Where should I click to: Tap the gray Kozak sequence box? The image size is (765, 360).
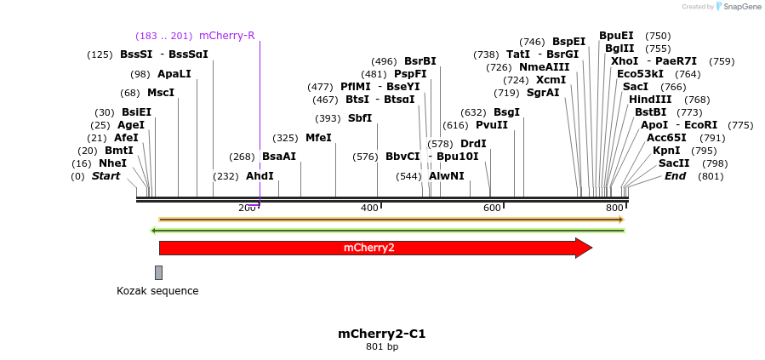coord(158,272)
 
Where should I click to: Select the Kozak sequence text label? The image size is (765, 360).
coord(157,291)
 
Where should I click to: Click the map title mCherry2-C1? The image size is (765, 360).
coord(382,334)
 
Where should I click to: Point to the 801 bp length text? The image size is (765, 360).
coord(382,347)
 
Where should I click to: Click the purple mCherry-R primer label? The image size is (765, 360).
coord(226,36)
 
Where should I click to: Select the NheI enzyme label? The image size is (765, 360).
coord(112,163)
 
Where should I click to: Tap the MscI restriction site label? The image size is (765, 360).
coord(161,93)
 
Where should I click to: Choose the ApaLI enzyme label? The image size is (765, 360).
coord(174,74)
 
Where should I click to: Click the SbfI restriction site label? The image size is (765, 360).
coord(360,118)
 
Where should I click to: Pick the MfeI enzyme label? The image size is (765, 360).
coord(318,138)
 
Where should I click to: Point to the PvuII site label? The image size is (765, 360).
coord(491,125)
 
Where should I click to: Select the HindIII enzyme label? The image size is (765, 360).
coord(651,100)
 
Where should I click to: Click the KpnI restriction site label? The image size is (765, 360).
coord(666,151)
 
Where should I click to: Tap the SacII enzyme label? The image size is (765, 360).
coord(674,163)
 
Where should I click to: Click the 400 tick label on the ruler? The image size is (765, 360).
coord(370,209)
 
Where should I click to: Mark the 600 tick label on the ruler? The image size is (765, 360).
coord(493,209)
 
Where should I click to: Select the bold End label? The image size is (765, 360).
coord(675,176)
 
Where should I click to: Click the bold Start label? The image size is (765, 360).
coord(106,176)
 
